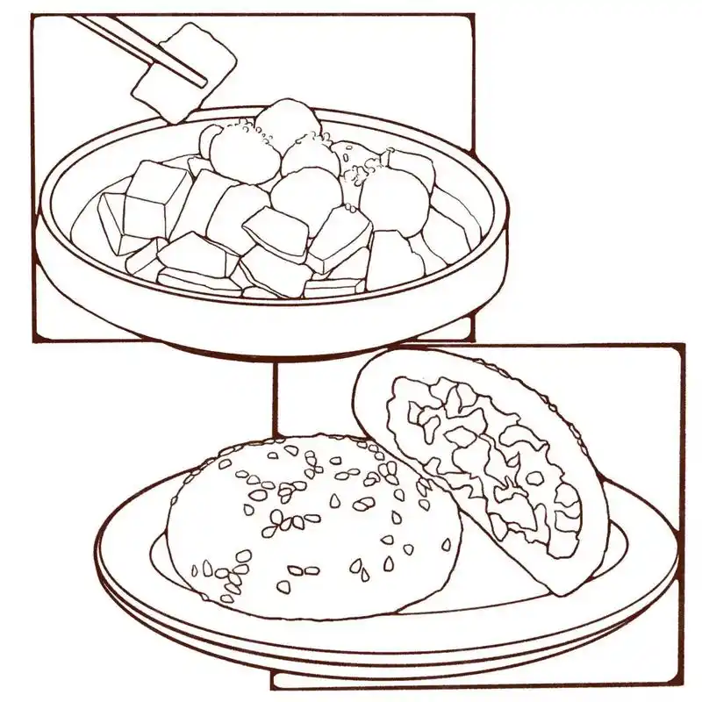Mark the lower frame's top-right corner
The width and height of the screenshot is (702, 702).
point(683,346)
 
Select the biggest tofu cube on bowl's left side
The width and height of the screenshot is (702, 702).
point(156,197)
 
